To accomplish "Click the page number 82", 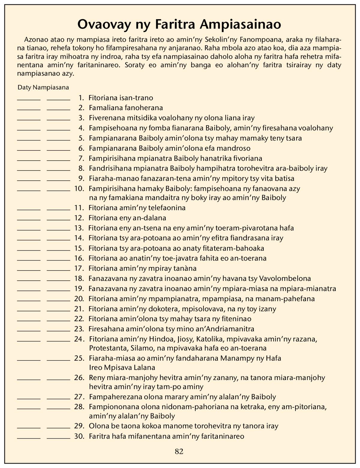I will click(x=179, y=451).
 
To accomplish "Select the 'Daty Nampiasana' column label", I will click(x=43, y=87).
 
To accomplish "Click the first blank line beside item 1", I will click(x=29, y=99).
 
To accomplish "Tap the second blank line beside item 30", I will click(x=58, y=438).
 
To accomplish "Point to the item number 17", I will click(x=79, y=268).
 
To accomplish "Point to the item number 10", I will click(x=79, y=189).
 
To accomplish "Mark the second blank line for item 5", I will click(x=58, y=140).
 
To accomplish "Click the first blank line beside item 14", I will click(x=29, y=240).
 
